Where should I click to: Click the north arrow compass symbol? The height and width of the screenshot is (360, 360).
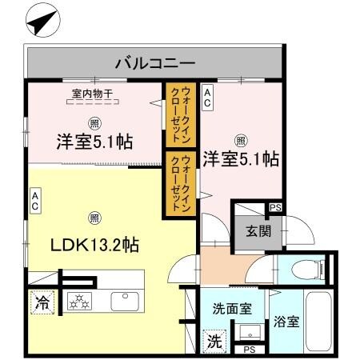(41, 19)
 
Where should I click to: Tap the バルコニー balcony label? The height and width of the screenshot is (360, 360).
(155, 62)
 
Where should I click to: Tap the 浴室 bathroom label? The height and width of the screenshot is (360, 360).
(286, 322)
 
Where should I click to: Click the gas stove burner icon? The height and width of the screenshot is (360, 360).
(81, 302)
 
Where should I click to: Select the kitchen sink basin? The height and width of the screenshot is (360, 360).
(126, 302)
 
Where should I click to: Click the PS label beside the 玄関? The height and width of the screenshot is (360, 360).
(275, 208)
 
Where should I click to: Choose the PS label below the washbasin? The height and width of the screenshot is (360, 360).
(249, 350)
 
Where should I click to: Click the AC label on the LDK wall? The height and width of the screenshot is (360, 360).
(35, 200)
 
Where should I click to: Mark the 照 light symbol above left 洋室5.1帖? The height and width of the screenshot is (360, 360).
(94, 122)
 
